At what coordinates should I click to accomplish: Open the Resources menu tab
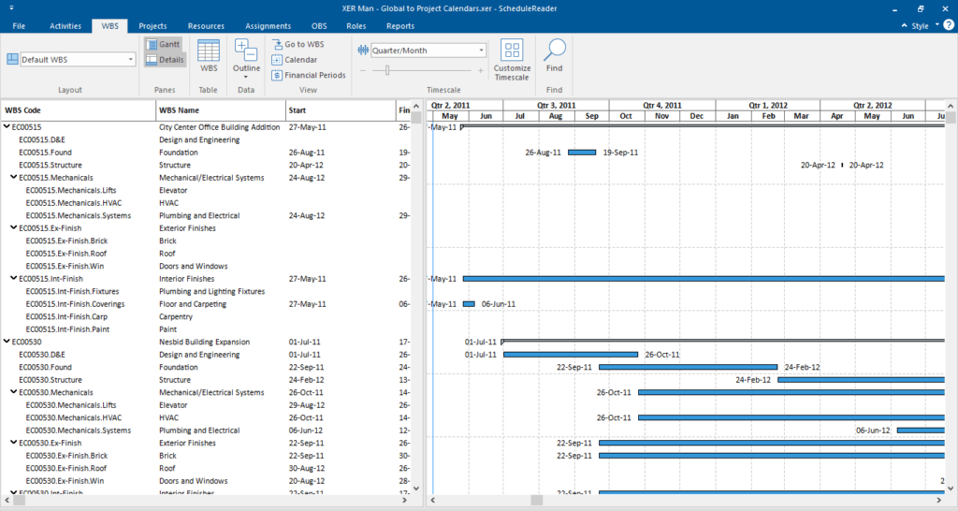[x=206, y=25]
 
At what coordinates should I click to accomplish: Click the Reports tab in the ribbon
[x=400, y=25]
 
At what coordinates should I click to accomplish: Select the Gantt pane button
[x=164, y=44]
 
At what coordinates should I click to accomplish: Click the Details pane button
[x=164, y=60]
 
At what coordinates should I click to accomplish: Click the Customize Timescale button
[x=512, y=59]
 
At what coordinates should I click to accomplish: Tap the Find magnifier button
[x=555, y=56]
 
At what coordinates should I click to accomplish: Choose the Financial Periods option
[x=309, y=75]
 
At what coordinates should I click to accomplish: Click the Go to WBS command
[x=298, y=44]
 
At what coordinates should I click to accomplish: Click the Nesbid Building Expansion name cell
[x=204, y=343]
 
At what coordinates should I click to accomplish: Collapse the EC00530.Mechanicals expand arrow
[x=14, y=393]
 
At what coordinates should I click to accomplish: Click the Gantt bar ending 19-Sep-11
[x=582, y=153]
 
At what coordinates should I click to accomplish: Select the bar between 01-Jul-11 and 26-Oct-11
[x=571, y=355]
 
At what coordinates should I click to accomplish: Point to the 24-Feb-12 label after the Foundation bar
[x=802, y=368]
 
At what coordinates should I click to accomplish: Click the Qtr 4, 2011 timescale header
[x=662, y=106]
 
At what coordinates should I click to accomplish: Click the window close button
[x=944, y=8]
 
